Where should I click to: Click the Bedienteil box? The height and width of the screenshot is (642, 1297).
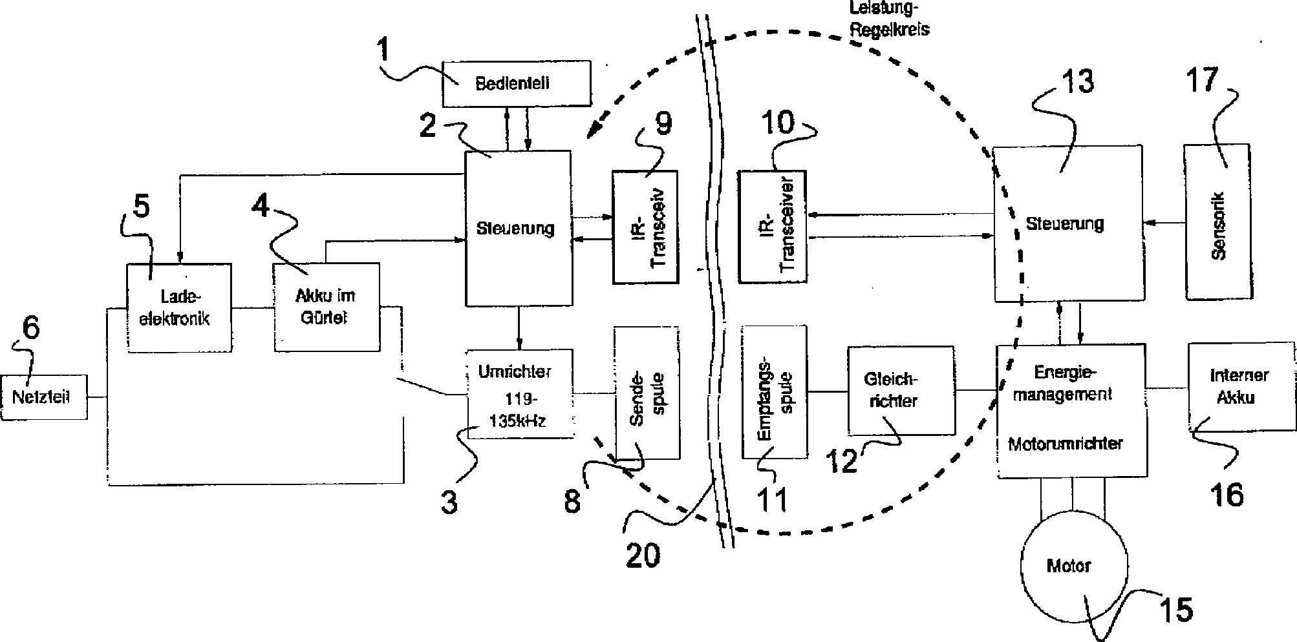point(516,83)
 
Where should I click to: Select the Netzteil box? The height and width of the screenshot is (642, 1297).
point(44,397)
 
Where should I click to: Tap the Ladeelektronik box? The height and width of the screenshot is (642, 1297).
point(179,307)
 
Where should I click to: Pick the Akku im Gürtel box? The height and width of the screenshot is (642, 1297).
point(327,307)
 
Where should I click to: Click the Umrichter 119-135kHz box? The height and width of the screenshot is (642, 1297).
point(520,395)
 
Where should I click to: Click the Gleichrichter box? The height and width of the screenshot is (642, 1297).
point(901,390)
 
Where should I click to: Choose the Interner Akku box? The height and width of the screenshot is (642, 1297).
point(1241,387)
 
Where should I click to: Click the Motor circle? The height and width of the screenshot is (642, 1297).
point(1074,566)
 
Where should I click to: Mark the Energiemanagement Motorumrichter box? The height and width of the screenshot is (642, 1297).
point(1071,411)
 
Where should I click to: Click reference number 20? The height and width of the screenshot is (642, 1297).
point(643,554)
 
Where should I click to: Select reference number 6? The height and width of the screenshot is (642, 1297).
point(30,328)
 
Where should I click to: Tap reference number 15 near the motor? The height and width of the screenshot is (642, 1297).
point(1175,609)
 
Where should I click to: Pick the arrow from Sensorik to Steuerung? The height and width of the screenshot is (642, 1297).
point(1164,223)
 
